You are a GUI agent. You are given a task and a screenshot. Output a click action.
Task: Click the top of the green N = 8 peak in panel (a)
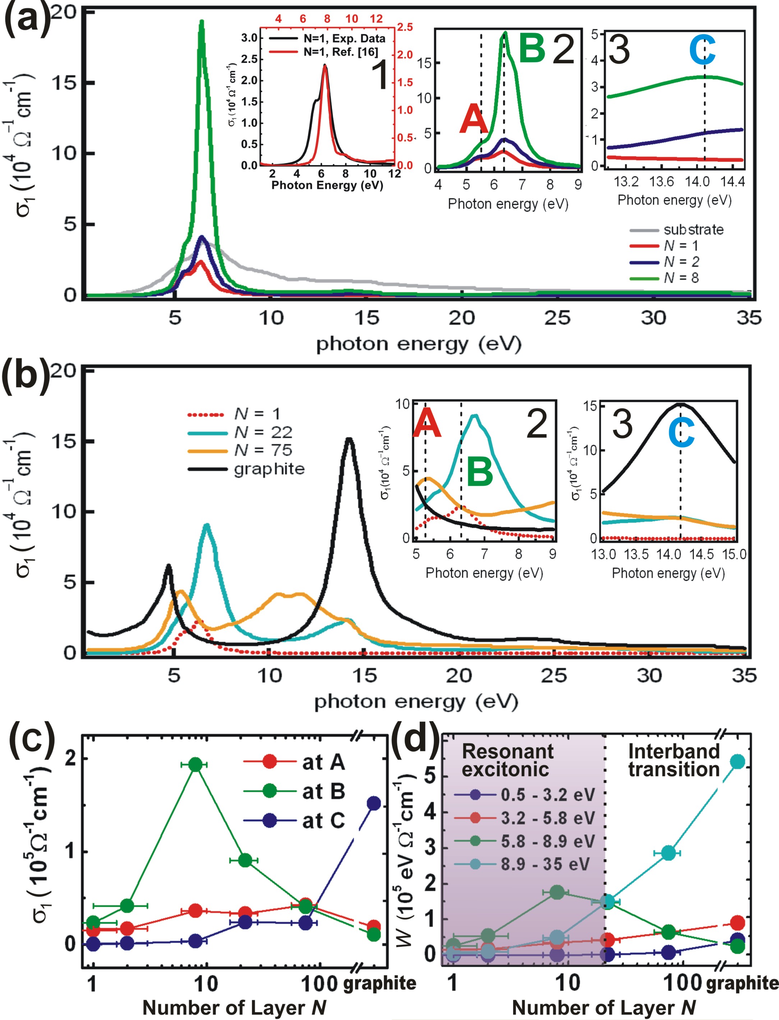click(x=201, y=22)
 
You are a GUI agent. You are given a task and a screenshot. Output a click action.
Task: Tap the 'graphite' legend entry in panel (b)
click(x=269, y=469)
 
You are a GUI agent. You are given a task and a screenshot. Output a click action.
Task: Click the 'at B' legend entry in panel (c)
click(x=323, y=792)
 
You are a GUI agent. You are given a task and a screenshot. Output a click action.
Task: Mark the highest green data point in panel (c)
click(x=196, y=764)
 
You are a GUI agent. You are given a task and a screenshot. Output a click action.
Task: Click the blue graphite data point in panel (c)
click(x=374, y=803)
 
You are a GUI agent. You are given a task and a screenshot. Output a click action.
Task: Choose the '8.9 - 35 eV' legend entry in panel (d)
click(x=545, y=864)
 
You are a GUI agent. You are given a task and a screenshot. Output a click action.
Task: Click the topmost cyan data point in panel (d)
click(x=737, y=761)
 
